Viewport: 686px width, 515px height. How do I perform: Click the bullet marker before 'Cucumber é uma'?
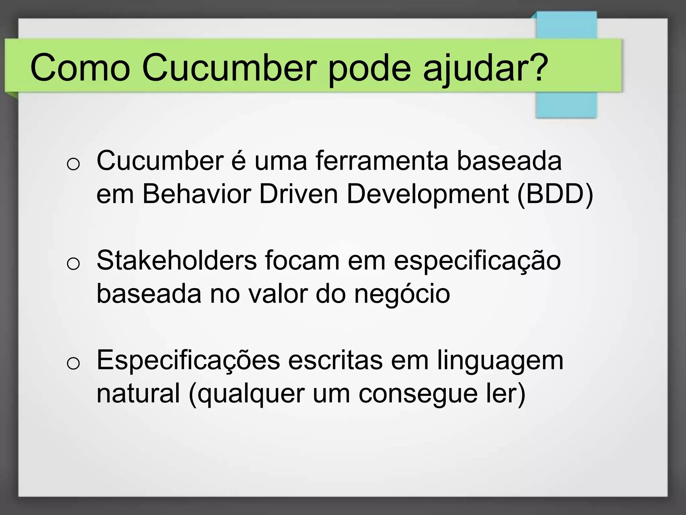[73, 165]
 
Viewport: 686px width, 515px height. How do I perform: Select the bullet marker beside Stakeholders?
[73, 264]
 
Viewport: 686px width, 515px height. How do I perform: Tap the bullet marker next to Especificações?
[73, 363]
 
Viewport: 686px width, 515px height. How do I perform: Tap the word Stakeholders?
[177, 260]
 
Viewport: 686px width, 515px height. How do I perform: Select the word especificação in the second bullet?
[477, 260]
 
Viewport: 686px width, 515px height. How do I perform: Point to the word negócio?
[402, 294]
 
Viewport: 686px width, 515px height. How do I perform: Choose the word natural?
[138, 393]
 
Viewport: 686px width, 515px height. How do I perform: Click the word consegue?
[418, 393]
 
